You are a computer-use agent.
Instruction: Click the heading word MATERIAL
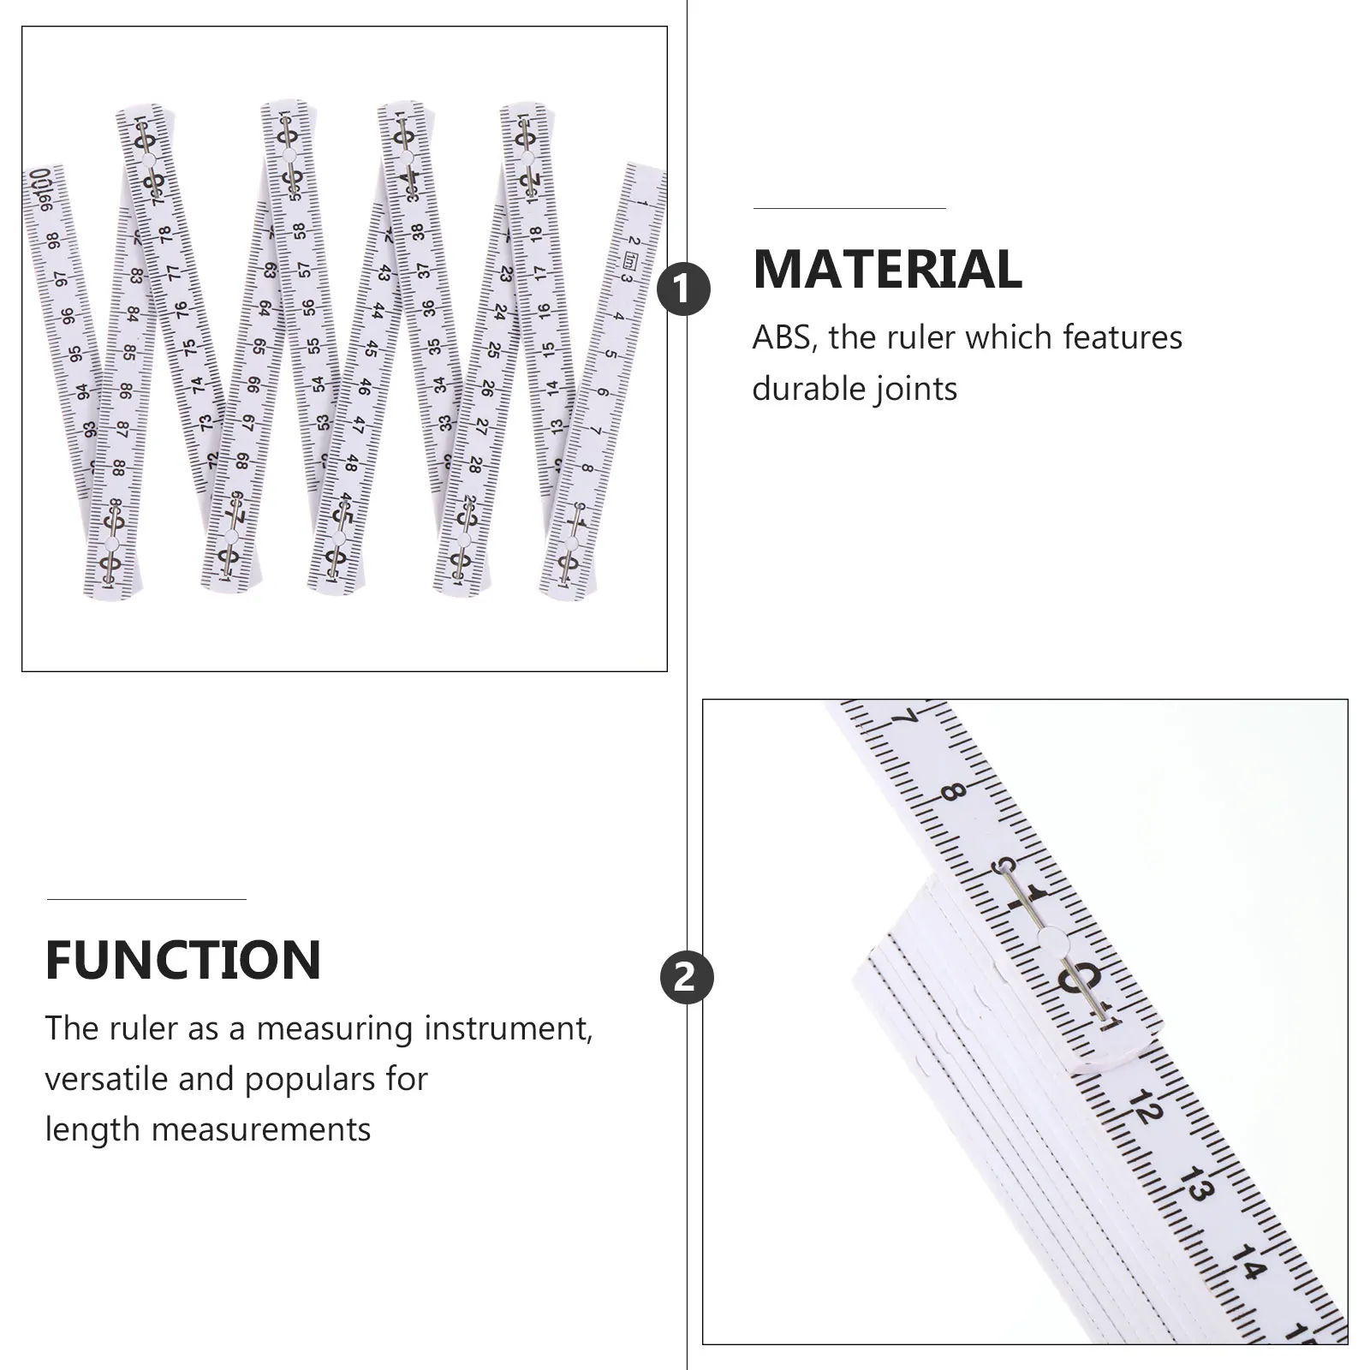[x=887, y=270]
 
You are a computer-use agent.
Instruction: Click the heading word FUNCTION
[x=183, y=960]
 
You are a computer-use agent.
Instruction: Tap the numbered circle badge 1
[x=683, y=289]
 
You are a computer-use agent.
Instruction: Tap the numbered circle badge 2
[x=686, y=977]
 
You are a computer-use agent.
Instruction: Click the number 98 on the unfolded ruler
[x=53, y=242]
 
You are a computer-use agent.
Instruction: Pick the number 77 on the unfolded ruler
[x=173, y=272]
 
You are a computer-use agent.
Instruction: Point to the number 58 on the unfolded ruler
[x=299, y=231]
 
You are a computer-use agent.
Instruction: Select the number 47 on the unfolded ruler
[x=359, y=425]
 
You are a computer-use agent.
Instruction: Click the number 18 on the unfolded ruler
[x=535, y=233]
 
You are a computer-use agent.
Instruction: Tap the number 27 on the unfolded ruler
[x=482, y=426]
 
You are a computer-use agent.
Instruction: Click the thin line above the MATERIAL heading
[x=849, y=208]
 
